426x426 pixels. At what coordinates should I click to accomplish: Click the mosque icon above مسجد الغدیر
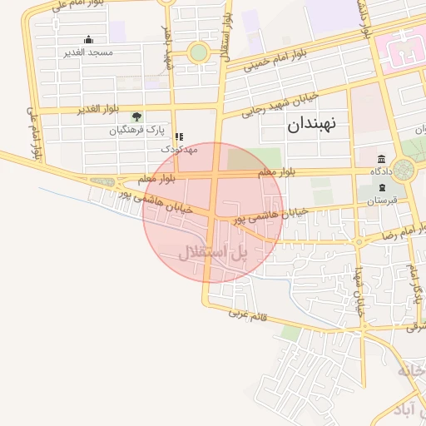[88, 40]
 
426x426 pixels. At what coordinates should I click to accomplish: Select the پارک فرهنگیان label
[136, 131]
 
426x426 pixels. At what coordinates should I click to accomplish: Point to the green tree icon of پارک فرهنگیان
[136, 117]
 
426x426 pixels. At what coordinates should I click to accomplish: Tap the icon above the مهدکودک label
[178, 136]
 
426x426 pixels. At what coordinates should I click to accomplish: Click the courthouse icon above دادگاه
[381, 159]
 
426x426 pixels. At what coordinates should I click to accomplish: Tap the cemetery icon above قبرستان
[382, 187]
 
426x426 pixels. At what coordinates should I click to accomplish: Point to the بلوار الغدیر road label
[101, 110]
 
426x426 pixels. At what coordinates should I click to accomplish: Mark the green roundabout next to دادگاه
[404, 171]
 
